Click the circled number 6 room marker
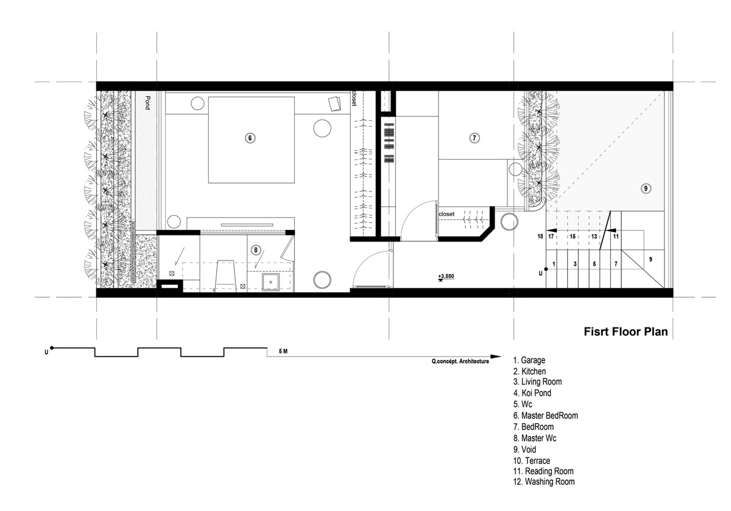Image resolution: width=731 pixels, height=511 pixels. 250,138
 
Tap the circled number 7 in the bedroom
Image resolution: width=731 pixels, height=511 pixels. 474,138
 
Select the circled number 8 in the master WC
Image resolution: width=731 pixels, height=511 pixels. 255,250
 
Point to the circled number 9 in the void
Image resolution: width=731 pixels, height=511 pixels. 646,188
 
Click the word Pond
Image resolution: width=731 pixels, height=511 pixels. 147,102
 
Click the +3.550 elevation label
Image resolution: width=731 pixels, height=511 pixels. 446,276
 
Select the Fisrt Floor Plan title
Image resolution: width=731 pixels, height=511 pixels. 626,332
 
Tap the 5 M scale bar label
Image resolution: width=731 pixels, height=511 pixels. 283,352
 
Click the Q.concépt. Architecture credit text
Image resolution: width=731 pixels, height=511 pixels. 460,362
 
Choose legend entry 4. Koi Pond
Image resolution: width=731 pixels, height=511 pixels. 532,393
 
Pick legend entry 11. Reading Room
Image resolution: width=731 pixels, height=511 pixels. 543,471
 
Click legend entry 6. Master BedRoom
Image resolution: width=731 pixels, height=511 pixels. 545,416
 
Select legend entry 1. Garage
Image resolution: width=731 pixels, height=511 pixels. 529,360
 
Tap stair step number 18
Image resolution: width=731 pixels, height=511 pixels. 540,236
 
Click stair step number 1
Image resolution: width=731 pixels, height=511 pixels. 554,263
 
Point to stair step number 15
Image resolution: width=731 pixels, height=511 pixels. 573,236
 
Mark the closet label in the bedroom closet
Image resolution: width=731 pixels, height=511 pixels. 447,214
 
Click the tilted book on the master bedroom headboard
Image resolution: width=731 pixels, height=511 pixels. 334,104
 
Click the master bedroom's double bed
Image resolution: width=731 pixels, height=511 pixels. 251,140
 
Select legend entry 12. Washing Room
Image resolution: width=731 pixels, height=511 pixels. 543,482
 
